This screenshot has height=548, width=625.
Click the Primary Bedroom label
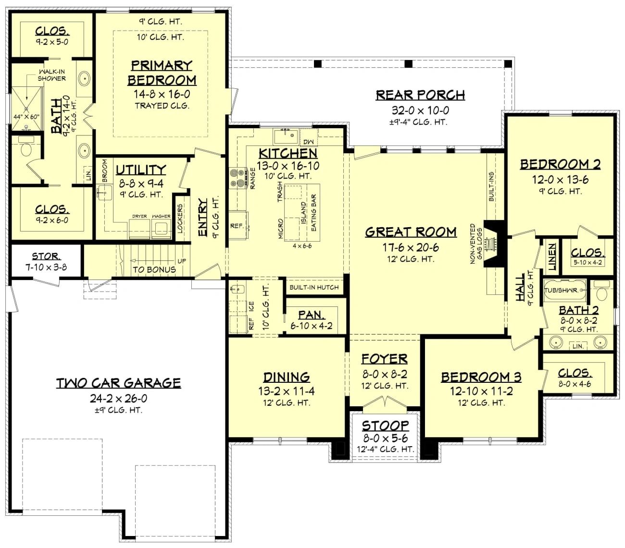point(162,73)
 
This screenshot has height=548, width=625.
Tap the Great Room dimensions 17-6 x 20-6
point(411,247)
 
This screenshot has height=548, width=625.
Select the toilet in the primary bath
point(26,147)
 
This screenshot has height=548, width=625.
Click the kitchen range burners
point(238,178)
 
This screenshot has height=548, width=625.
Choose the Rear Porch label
point(420,95)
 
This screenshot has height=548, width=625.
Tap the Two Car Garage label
point(118,383)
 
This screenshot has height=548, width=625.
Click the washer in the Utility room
point(161,229)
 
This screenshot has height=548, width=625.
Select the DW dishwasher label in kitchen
point(309,142)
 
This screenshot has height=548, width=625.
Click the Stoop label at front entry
point(385,426)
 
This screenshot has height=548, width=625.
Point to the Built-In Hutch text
point(314,287)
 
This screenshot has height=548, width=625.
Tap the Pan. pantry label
point(312,315)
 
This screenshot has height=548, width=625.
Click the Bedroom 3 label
point(481,377)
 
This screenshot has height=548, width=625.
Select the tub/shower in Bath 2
point(564,290)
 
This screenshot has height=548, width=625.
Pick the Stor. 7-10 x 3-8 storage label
point(46,261)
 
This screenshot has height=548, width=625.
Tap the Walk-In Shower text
point(51,75)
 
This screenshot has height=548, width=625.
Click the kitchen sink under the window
point(286,136)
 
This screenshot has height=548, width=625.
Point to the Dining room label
point(287,377)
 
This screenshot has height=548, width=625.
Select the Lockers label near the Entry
point(180,219)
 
